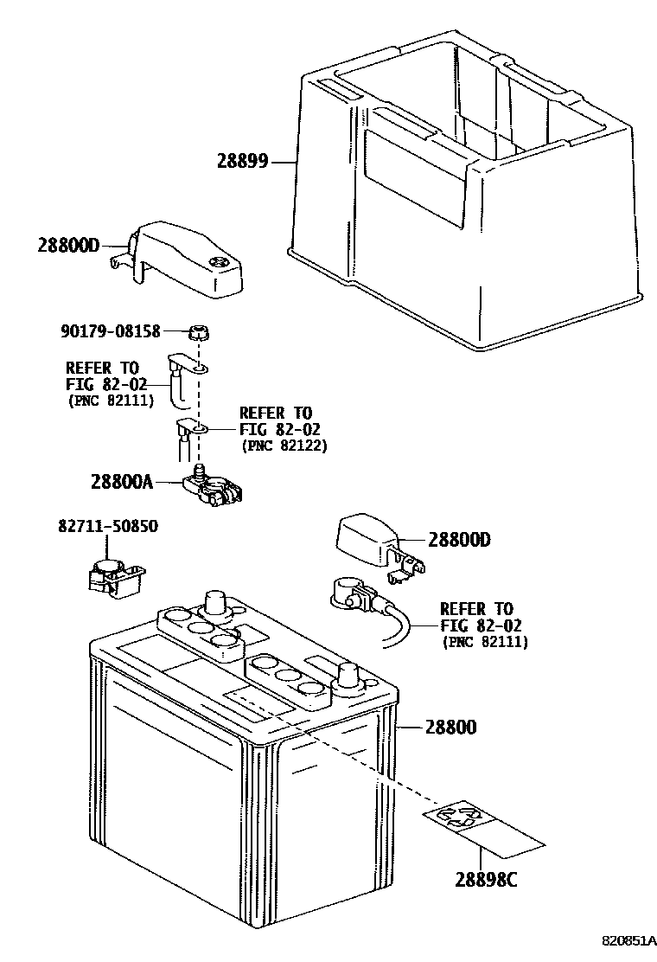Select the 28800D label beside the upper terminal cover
pyautogui.click(x=70, y=245)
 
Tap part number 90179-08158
pyautogui.click(x=122, y=330)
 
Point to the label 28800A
pyautogui.click(x=120, y=481)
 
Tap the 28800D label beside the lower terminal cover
pyautogui.click(x=459, y=540)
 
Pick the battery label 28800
pyautogui.click(x=450, y=728)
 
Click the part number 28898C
pyautogui.click(x=486, y=881)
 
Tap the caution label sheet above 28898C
pyautogui.click(x=484, y=827)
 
